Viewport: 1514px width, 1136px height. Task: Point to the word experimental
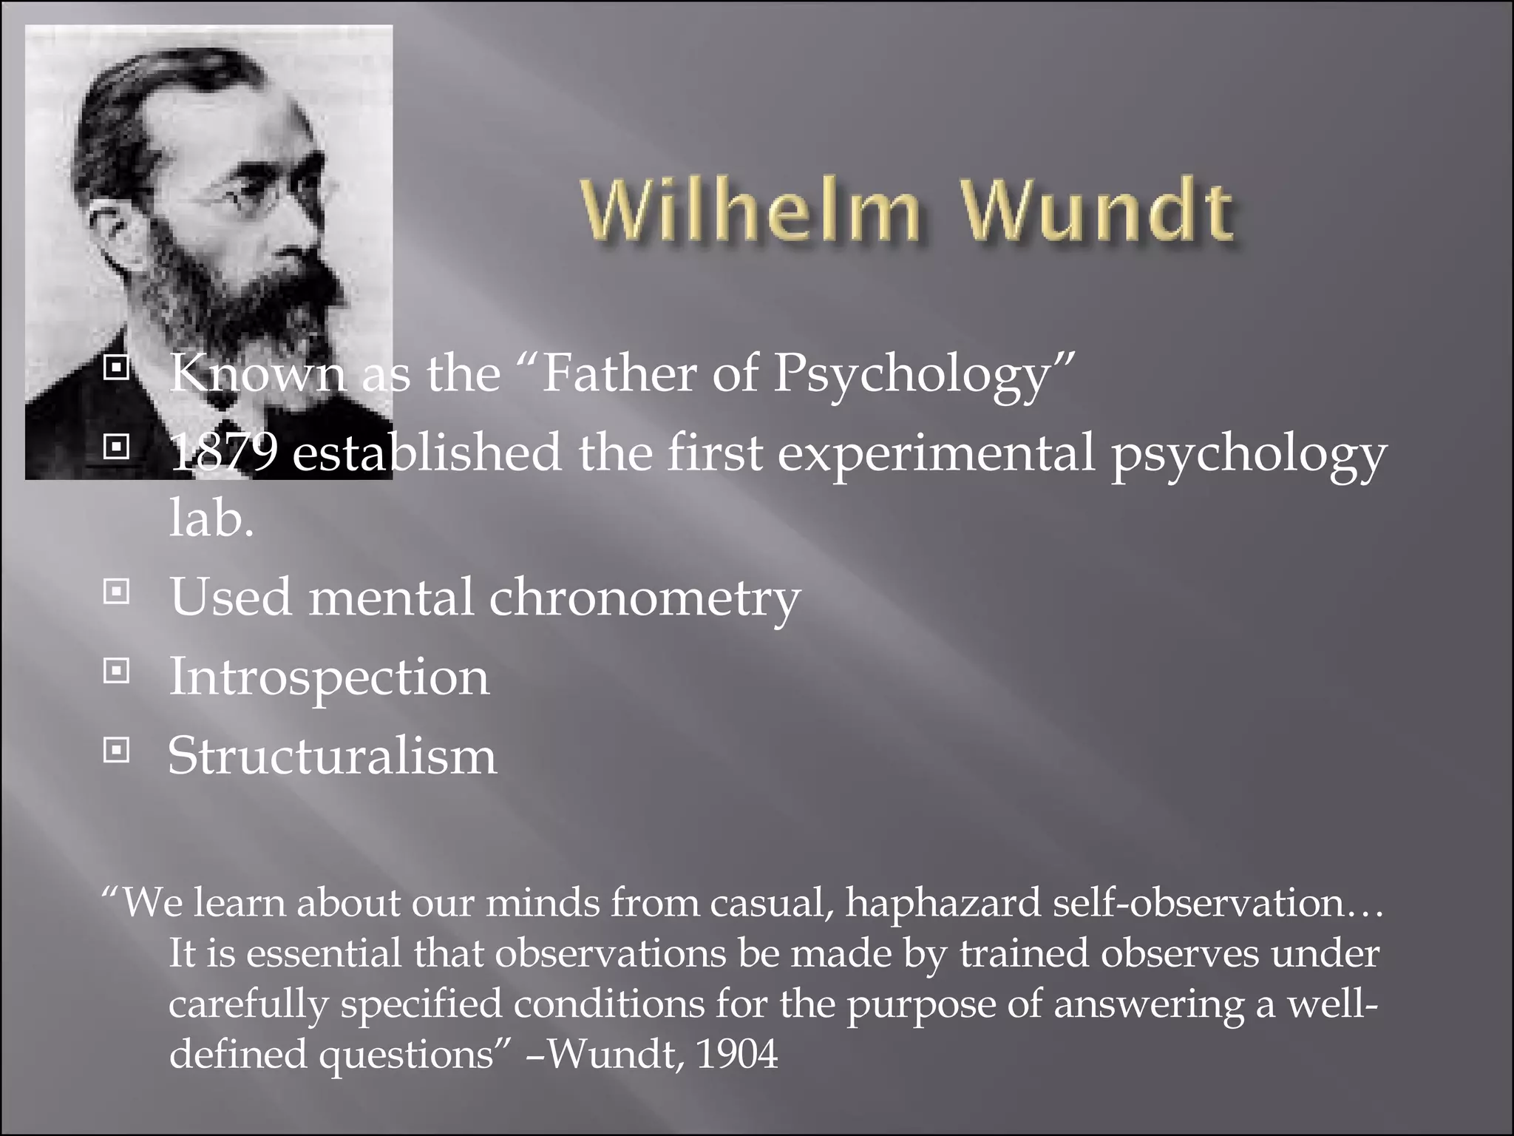tap(935, 453)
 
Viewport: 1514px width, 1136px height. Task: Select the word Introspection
tap(329, 677)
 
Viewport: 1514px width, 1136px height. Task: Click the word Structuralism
tap(333, 756)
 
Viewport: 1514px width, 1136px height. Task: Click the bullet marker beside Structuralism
tap(116, 751)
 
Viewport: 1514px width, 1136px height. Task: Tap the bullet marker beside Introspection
tap(116, 672)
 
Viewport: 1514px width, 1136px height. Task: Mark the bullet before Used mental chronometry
tap(116, 592)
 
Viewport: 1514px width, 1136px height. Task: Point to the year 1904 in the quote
tap(737, 1054)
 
